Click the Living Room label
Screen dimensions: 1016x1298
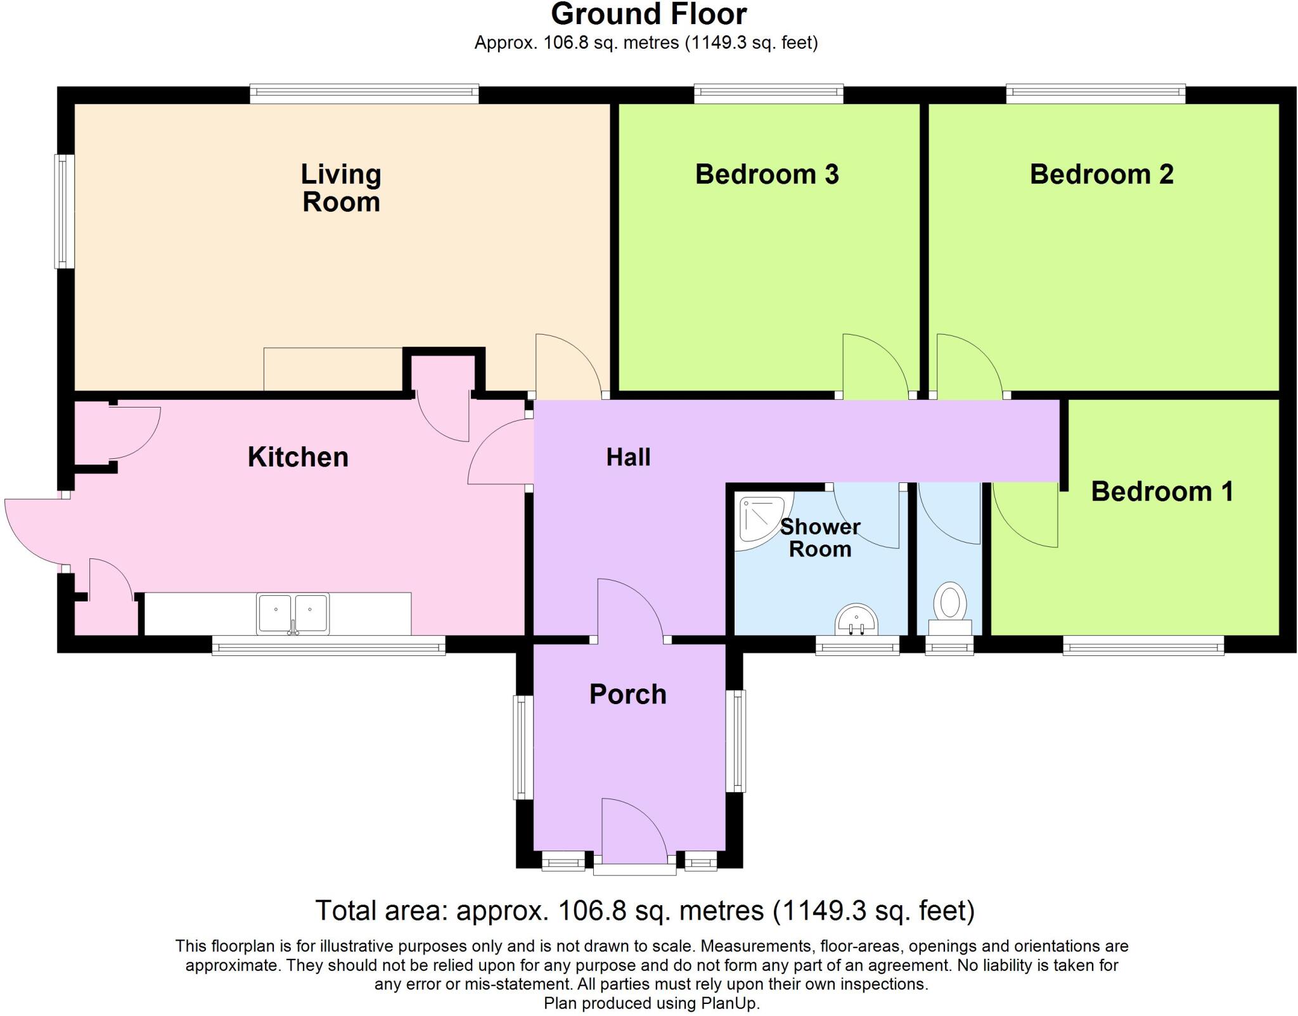[x=341, y=188]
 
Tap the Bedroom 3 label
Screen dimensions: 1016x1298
[x=767, y=174]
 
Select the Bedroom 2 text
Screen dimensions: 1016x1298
[x=1102, y=174]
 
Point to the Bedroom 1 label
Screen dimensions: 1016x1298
[x=1162, y=492]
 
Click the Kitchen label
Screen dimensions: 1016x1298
[x=298, y=457]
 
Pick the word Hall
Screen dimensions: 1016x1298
[x=628, y=457]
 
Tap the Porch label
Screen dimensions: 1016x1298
[x=627, y=695]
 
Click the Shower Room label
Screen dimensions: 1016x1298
[x=819, y=537]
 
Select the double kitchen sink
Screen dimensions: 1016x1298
[x=293, y=613]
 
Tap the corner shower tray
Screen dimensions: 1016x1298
[x=761, y=521]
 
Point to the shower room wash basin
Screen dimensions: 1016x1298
[x=856, y=620]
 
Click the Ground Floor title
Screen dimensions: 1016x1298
[x=648, y=14]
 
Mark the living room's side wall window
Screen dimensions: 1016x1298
[x=63, y=211]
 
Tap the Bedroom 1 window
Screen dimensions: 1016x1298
[x=1143, y=647]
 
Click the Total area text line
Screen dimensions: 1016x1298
[x=645, y=911]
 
